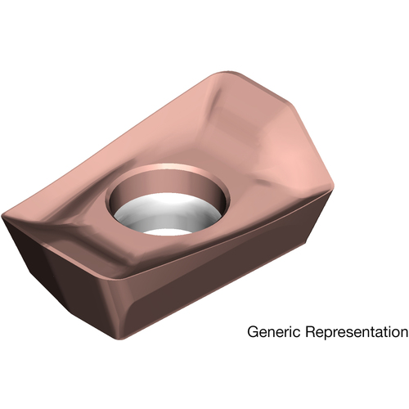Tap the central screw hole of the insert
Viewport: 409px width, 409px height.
click(x=167, y=200)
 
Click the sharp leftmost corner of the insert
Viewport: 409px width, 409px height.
click(x=2, y=218)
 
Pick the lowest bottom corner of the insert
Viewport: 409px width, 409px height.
click(x=121, y=339)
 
